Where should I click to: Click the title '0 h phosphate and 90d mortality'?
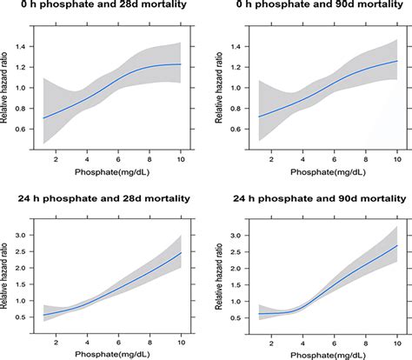(x=310, y=10)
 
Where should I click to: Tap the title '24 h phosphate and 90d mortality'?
(x=310, y=194)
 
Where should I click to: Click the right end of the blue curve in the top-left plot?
(x=180, y=64)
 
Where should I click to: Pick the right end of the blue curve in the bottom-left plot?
(x=180, y=253)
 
